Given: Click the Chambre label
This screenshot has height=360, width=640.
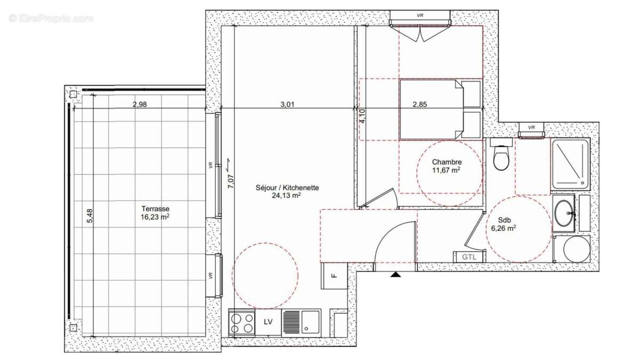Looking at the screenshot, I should [x=446, y=162].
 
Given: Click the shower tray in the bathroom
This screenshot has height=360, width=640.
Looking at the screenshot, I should [x=570, y=164].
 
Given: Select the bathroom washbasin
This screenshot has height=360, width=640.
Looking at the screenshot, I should [x=564, y=213].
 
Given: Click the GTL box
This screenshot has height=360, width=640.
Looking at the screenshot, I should [x=469, y=257].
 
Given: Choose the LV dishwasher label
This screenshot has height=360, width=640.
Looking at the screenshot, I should [x=269, y=322].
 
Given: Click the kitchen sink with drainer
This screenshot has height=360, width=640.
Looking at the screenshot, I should [x=301, y=322].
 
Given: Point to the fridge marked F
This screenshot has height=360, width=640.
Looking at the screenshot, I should [x=334, y=276].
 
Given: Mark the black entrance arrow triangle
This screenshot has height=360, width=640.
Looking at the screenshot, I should [x=395, y=275].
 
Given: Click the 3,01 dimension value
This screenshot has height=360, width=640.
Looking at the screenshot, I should [x=287, y=105].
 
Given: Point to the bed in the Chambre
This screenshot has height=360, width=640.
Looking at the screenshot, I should [x=441, y=110].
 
